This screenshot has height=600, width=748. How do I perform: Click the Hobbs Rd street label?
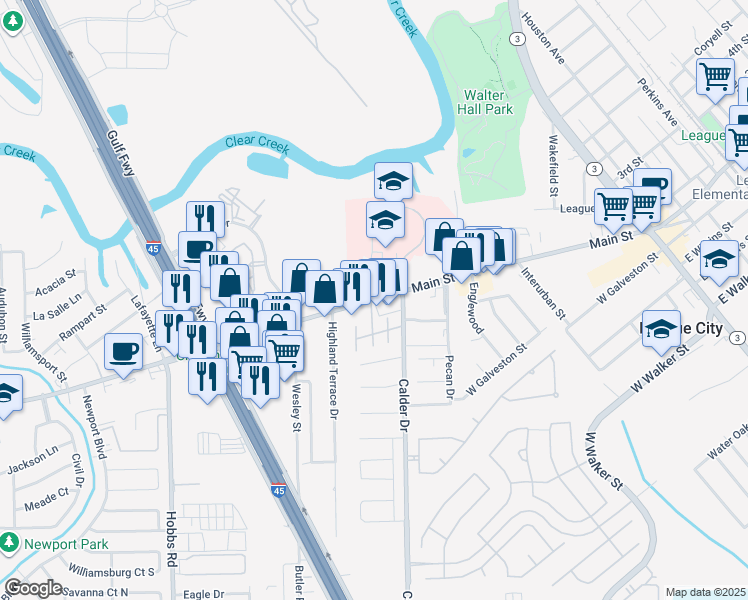click(171, 539)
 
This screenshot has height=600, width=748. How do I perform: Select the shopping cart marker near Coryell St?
click(716, 75)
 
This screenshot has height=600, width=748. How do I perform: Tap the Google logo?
click(33, 588)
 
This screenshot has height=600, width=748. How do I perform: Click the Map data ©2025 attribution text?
click(705, 592)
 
